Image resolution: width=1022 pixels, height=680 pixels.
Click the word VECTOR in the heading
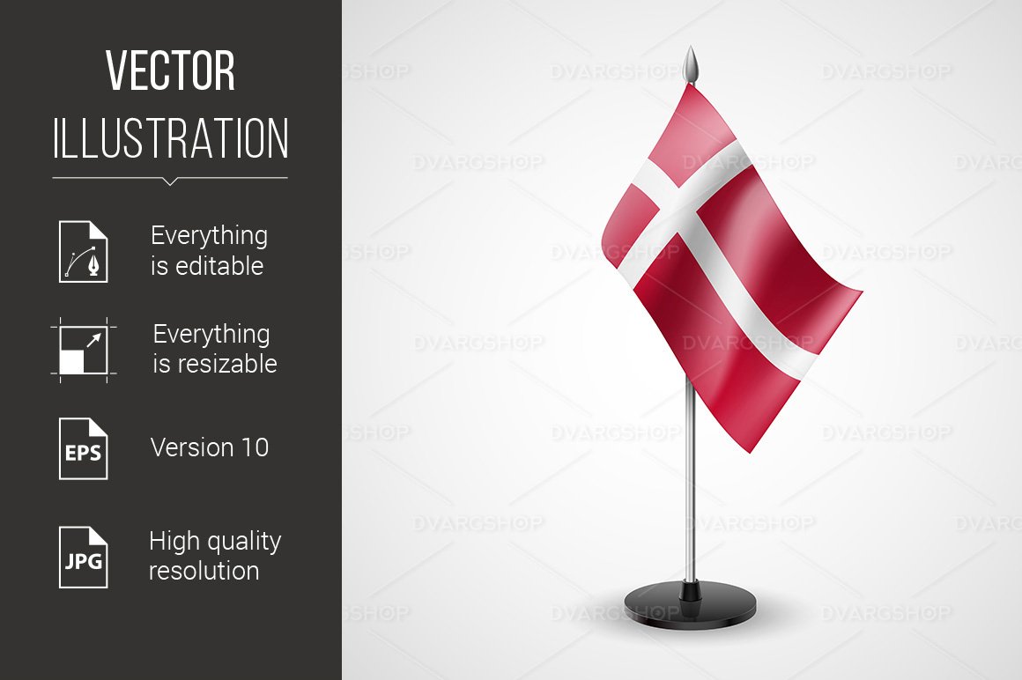click(x=170, y=71)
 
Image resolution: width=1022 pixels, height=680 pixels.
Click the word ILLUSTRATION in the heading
click(x=170, y=138)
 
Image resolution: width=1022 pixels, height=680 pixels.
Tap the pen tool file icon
click(x=84, y=252)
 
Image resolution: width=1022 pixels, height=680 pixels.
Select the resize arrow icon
click(x=84, y=350)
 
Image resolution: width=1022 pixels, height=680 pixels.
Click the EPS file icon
click(x=84, y=448)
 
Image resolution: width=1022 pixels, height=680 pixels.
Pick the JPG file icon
click(x=84, y=557)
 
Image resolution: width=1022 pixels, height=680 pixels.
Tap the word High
click(x=173, y=541)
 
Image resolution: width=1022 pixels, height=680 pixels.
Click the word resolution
click(x=204, y=571)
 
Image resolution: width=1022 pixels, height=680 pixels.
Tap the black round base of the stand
click(x=691, y=608)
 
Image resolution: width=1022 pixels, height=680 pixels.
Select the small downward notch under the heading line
click(x=170, y=182)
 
